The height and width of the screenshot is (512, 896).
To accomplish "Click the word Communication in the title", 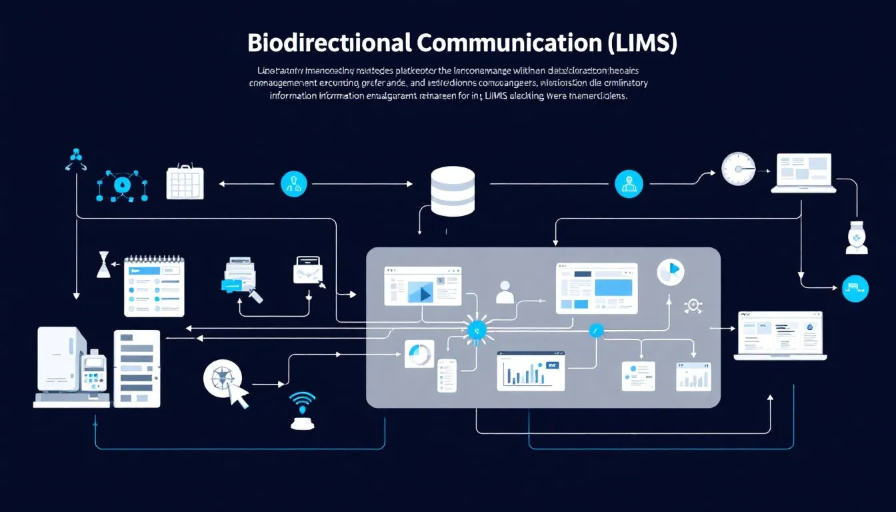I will coord(509,43).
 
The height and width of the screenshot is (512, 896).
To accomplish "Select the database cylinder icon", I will coord(453,191).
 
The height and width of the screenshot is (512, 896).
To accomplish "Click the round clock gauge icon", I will coord(738,169).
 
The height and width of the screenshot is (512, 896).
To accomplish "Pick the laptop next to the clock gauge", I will coord(803,173).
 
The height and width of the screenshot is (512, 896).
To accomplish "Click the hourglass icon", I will coord(103,265).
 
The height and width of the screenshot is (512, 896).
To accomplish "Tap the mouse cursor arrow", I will coord(237,395).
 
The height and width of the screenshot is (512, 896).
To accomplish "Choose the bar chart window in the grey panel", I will coord(531,371).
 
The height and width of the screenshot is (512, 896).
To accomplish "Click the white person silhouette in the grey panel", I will coord(505,292).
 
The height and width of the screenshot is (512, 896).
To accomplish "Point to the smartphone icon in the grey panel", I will coord(447,375).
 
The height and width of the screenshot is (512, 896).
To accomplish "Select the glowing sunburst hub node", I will coord(476,329).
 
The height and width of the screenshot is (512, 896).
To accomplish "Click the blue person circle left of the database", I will coord(294,183).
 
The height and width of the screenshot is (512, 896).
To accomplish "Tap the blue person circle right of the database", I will coord(629,183).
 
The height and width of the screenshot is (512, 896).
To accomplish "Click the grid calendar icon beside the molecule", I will coord(184,181).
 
